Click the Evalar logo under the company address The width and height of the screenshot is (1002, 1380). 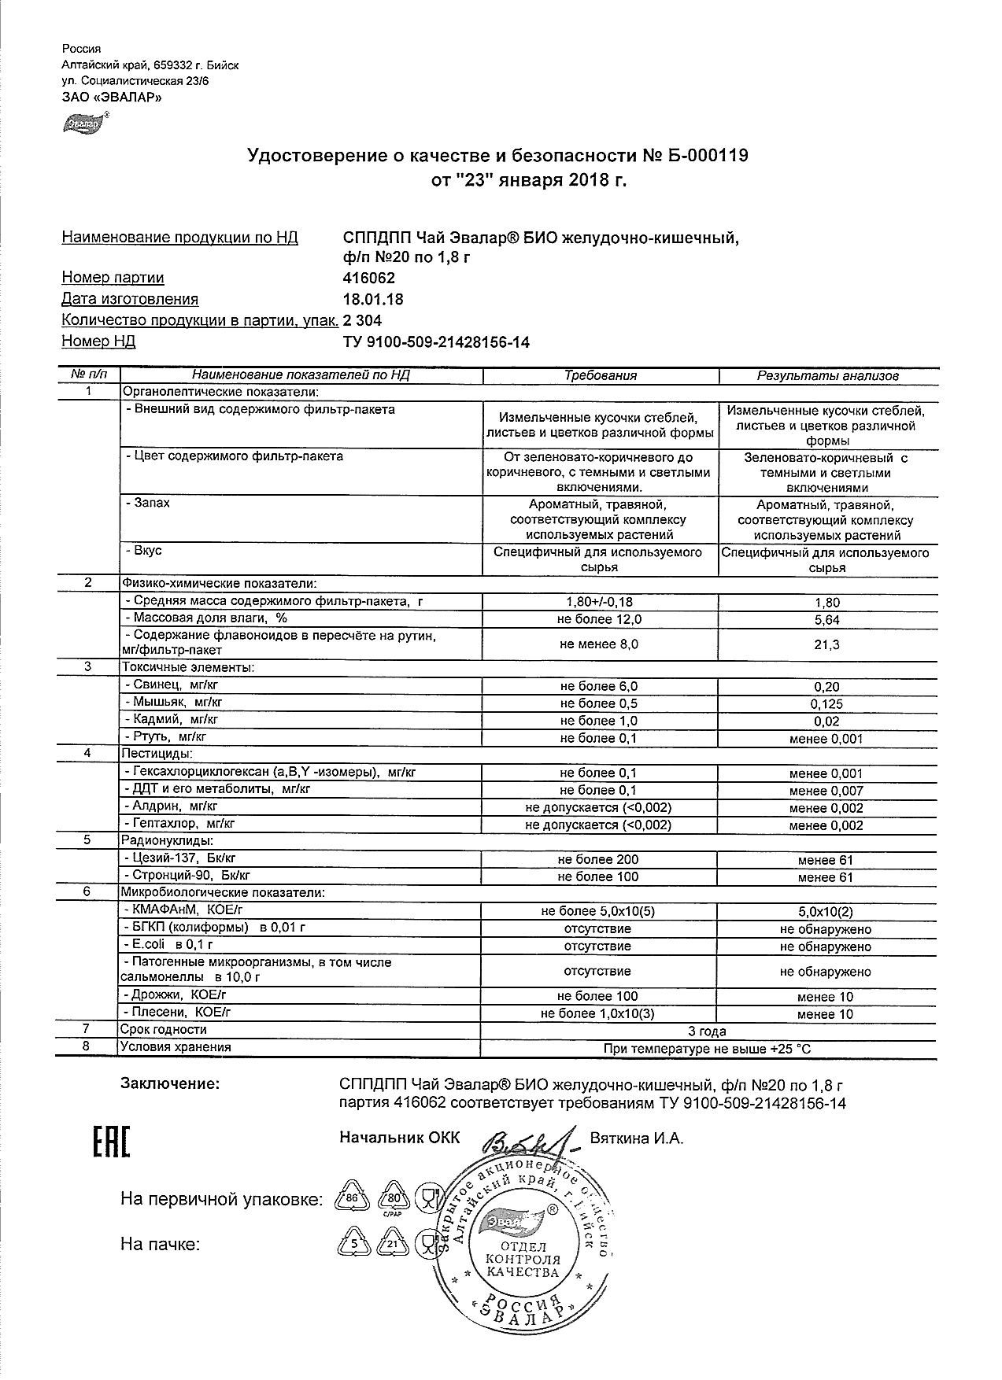(x=83, y=123)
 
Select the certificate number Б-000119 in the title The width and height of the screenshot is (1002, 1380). (x=708, y=156)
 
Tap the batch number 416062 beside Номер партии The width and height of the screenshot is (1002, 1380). (x=369, y=278)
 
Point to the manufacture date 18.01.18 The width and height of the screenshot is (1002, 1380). (x=372, y=299)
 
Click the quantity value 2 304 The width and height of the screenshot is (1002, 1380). (x=363, y=320)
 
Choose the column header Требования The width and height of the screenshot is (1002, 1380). (x=601, y=375)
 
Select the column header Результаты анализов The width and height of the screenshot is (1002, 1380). (x=827, y=375)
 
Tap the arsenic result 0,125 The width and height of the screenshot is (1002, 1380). (x=826, y=704)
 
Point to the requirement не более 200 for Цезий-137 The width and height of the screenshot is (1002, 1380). (x=598, y=860)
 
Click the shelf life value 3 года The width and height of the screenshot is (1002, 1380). (x=707, y=1031)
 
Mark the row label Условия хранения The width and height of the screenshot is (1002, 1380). (x=176, y=1047)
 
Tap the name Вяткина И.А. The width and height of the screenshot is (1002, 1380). (x=637, y=1138)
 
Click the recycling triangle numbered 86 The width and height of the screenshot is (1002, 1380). (x=352, y=1198)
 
